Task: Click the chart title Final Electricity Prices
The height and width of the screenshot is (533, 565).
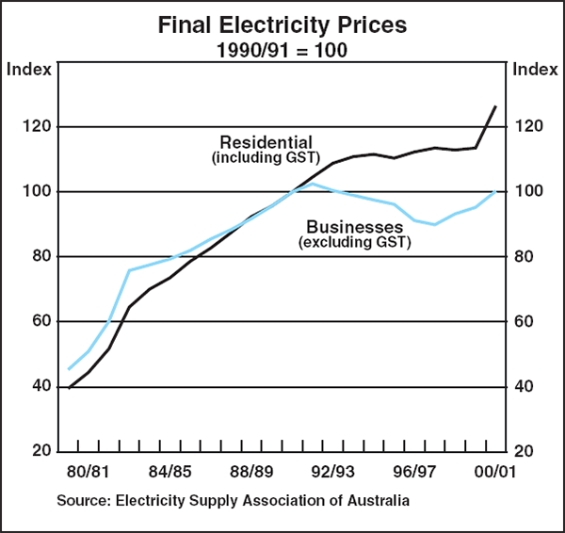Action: tap(282, 25)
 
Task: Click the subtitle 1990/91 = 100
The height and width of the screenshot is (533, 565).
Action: tap(282, 49)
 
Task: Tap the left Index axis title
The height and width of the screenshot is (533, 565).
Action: tap(29, 69)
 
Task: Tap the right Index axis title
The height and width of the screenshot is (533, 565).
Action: tap(534, 69)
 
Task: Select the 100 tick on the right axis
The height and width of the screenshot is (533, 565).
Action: tap(526, 191)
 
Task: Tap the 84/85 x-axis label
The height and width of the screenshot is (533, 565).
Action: tap(171, 470)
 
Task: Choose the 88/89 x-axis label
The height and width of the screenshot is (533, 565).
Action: tap(252, 470)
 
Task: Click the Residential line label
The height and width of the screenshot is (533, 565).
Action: tap(266, 143)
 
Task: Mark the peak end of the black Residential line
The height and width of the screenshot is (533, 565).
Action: tap(495, 106)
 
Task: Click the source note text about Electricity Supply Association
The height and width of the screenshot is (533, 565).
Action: tap(234, 501)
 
